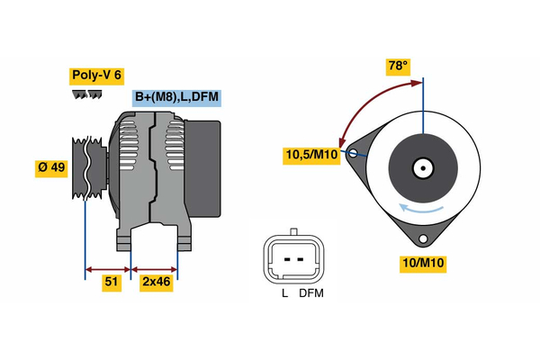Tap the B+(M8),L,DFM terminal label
point(177,97)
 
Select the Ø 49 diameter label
point(51,167)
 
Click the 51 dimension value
point(112,283)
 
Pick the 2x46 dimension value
point(157,283)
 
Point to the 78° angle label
point(398,66)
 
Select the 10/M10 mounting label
point(423,263)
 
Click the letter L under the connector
point(283,293)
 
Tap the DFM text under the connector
point(311,293)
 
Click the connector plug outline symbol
point(291,259)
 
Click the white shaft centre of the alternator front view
point(422,167)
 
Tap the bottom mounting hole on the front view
point(423,238)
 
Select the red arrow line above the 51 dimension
point(108,268)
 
